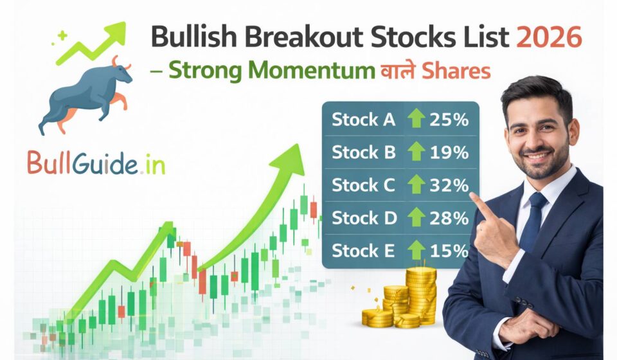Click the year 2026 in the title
[x=549, y=38]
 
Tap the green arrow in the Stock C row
[x=416, y=185]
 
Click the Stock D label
[x=364, y=218]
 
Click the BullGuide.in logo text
[x=96, y=163]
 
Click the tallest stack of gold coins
[x=420, y=292]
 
